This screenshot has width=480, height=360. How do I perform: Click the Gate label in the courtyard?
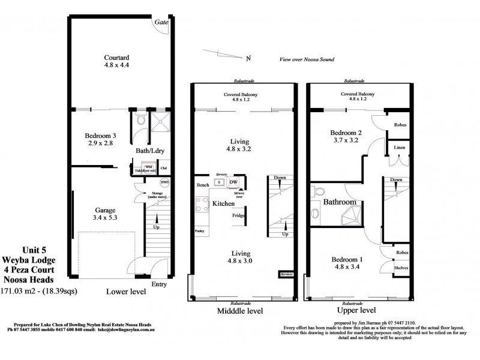tap(161, 22)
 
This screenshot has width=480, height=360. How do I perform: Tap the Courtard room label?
tap(117, 58)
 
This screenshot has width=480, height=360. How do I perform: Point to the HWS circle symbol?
tap(164, 182)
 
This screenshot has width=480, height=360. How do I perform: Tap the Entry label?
tap(160, 284)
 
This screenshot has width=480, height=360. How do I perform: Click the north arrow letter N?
tap(248, 58)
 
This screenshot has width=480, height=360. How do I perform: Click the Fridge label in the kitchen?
tap(238, 215)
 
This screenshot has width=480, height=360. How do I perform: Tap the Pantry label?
tap(200, 230)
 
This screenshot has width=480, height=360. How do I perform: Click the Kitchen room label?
tap(223, 204)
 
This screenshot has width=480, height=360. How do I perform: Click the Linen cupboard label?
tap(398, 147)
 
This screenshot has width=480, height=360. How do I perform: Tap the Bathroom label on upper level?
tap(340, 203)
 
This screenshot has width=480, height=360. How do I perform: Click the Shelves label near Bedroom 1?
tap(400, 268)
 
